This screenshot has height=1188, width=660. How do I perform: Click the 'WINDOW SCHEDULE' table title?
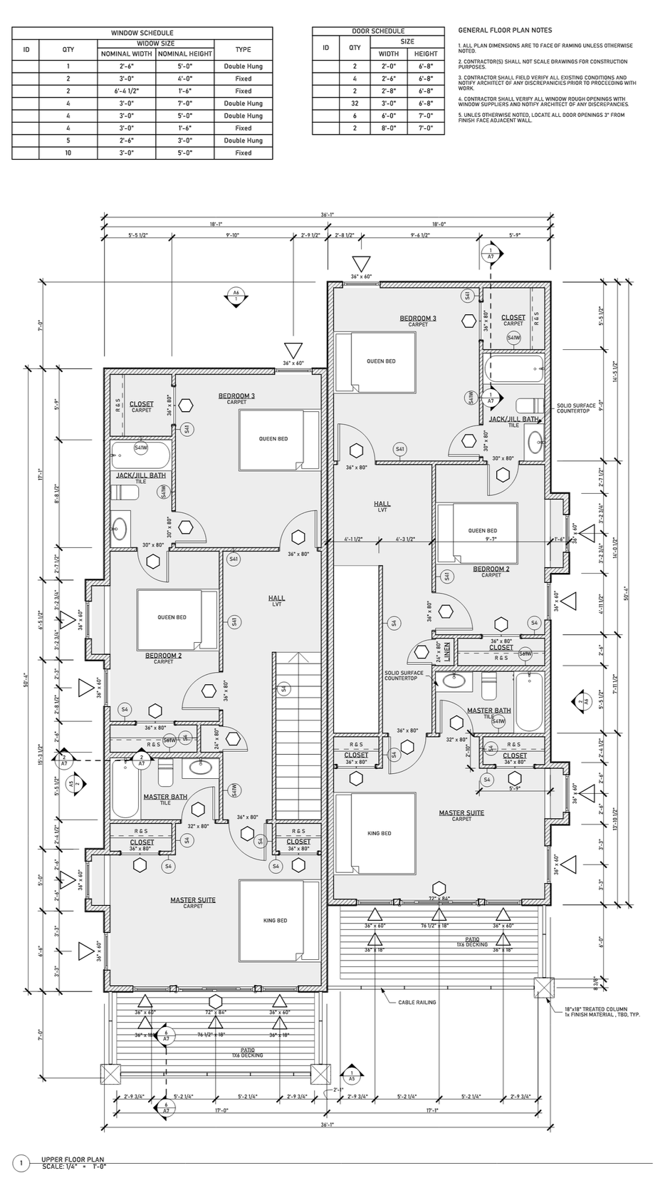142,33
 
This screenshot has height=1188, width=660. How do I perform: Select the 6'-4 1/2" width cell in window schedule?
126,91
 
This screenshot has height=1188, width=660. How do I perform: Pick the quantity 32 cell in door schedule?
355,104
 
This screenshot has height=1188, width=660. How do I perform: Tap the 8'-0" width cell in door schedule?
389,128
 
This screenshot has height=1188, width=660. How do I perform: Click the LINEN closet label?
447,651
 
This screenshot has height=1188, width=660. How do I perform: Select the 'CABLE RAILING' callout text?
418,1002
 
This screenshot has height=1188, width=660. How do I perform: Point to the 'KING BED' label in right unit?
379,833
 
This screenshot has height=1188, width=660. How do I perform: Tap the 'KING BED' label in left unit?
275,921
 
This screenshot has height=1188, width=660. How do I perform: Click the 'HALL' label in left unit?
276,599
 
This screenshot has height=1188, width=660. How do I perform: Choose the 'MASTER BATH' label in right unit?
488,711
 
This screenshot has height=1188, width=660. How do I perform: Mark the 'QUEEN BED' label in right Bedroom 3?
381,361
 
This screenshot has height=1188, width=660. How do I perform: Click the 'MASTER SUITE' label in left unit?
192,900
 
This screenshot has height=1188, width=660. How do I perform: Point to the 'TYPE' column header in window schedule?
243,50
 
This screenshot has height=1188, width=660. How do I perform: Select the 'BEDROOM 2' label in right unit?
491,569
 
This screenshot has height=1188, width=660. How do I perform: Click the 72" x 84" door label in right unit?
438,899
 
